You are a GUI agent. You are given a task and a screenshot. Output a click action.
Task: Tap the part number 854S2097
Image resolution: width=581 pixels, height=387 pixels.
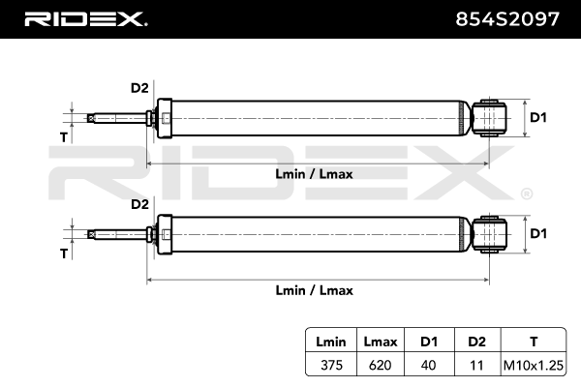(x=507, y=18)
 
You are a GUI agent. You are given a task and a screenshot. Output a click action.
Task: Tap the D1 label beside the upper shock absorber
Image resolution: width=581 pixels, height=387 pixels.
(x=538, y=118)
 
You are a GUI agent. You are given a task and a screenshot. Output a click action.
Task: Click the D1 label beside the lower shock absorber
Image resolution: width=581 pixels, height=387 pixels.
(x=538, y=233)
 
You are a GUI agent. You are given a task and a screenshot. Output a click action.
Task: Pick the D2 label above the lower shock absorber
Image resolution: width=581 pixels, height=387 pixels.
(x=139, y=204)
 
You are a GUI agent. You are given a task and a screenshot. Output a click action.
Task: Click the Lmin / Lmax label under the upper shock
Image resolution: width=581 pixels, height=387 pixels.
(x=315, y=174)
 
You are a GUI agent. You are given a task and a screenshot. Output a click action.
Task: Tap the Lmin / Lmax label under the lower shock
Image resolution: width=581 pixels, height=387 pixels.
(x=315, y=289)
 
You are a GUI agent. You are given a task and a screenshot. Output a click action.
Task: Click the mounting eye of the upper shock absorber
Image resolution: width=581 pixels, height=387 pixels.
(x=491, y=119)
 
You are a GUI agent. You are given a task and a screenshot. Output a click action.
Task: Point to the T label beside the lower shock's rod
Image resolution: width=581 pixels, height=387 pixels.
(x=64, y=253)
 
